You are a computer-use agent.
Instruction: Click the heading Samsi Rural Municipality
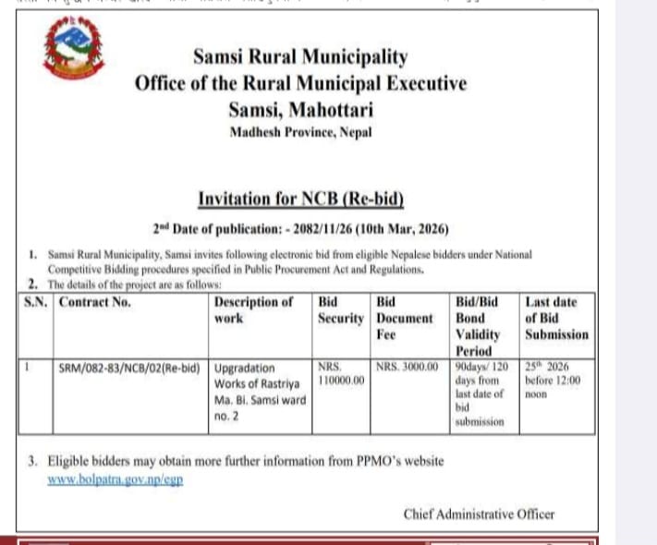(x=300, y=57)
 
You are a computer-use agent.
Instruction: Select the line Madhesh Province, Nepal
(x=300, y=132)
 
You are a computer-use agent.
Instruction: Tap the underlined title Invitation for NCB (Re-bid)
(x=301, y=198)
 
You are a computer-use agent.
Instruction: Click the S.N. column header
(x=36, y=301)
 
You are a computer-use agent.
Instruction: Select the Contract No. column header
(x=94, y=301)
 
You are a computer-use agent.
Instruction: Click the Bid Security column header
(x=340, y=309)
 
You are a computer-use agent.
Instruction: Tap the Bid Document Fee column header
(x=404, y=318)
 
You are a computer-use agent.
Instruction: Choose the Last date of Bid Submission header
(x=555, y=318)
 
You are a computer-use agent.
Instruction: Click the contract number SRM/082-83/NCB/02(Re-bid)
(x=129, y=368)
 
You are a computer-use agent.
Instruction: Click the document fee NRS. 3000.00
(x=407, y=367)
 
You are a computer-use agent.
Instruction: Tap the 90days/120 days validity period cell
(x=482, y=394)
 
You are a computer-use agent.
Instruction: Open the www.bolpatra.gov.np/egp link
(x=115, y=480)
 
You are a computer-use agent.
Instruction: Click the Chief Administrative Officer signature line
(x=479, y=515)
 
